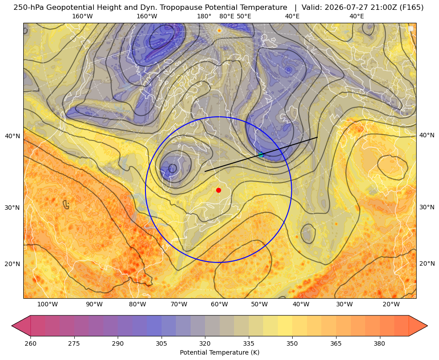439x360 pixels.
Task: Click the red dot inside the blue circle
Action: pyautogui.click(x=219, y=190)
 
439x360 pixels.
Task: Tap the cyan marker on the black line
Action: pyautogui.click(x=261, y=154)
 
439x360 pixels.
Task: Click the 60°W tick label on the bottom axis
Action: pyautogui.click(x=219, y=305)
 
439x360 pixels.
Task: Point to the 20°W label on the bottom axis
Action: pyautogui.click(x=391, y=305)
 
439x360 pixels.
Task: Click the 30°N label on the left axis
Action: pyautogui.click(x=13, y=208)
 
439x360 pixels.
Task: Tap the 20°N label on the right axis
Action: pyautogui.click(x=427, y=263)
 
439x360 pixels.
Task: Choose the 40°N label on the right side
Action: pyautogui.click(x=427, y=136)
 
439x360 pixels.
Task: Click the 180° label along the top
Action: pyautogui.click(x=204, y=16)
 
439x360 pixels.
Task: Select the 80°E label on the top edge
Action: pyautogui.click(x=227, y=16)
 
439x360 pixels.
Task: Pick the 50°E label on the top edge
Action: pyautogui.click(x=244, y=16)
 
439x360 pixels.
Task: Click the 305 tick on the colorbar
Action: pyautogui.click(x=161, y=343)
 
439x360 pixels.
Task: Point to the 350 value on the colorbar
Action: pyautogui.click(x=292, y=343)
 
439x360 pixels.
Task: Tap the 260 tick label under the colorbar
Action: pyautogui.click(x=30, y=343)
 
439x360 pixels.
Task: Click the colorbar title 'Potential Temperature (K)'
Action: pyautogui.click(x=219, y=352)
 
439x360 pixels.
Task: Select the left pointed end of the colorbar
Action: pyautogui.click(x=12, y=326)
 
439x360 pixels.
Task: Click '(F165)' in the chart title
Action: pyautogui.click(x=412, y=8)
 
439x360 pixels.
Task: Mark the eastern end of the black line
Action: pyautogui.click(x=317, y=137)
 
